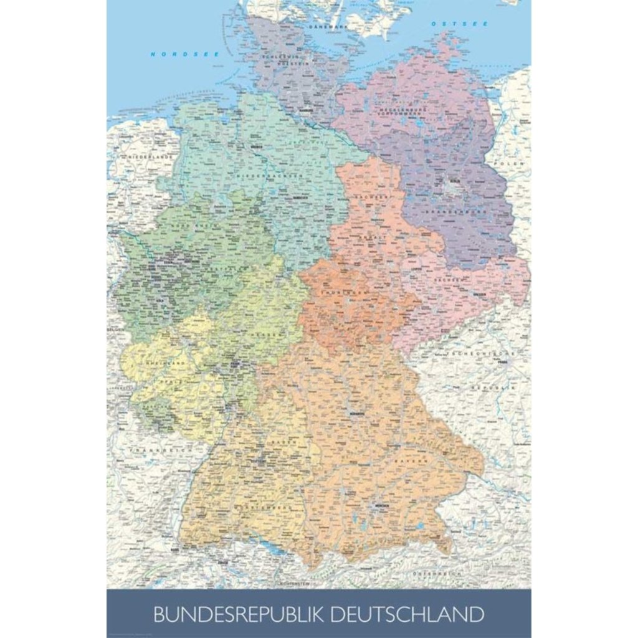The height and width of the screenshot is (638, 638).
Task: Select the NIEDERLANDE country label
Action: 150,158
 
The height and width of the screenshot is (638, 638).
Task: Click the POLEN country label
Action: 506,163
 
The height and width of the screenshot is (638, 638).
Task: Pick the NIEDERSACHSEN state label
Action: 265,176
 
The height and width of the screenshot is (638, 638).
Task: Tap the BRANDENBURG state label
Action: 447,212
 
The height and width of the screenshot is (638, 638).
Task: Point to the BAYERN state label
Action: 419,460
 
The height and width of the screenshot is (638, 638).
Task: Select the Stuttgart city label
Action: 258,462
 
